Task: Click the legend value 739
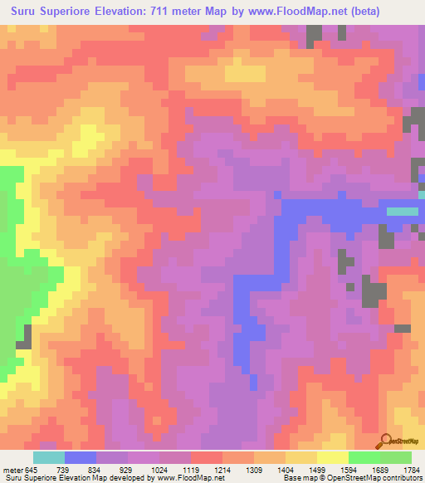click(x=61, y=469)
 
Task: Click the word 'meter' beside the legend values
click(x=14, y=469)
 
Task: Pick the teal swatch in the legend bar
click(x=48, y=457)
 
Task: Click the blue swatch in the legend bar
click(x=80, y=457)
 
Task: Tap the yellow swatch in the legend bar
click(x=332, y=457)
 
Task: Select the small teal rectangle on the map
click(x=403, y=211)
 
